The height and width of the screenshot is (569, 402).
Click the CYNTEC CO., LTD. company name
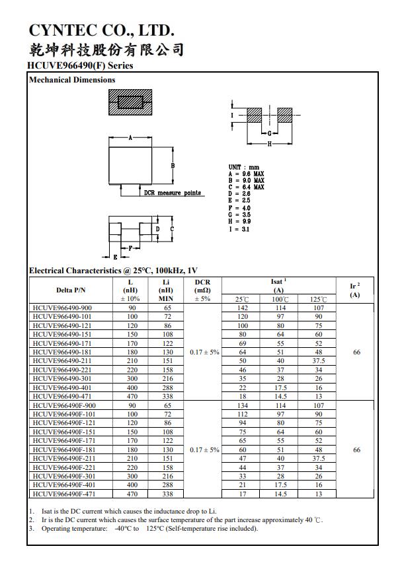[x=101, y=30]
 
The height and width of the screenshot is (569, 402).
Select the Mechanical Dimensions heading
[x=72, y=80]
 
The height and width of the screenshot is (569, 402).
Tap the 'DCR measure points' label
[x=173, y=193]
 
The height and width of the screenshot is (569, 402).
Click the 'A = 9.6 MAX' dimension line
[x=246, y=174]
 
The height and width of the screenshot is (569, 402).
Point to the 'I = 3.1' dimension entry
[x=239, y=230]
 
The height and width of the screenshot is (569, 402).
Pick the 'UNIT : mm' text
[x=244, y=168]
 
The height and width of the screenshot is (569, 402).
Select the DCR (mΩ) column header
[x=203, y=290]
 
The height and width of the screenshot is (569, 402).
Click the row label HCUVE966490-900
[x=62, y=308]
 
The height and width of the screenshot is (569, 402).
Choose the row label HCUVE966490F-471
[x=64, y=493]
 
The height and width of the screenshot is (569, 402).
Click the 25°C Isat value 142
[x=242, y=308]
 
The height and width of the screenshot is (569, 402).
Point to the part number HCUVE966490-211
[x=62, y=361]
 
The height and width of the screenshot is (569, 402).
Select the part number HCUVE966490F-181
[x=64, y=450]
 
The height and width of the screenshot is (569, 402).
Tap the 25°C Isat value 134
[x=242, y=405]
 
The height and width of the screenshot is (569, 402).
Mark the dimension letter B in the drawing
[x=173, y=166]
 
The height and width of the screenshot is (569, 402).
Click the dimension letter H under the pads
[x=269, y=144]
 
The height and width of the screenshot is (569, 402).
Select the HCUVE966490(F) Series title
[x=81, y=65]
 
